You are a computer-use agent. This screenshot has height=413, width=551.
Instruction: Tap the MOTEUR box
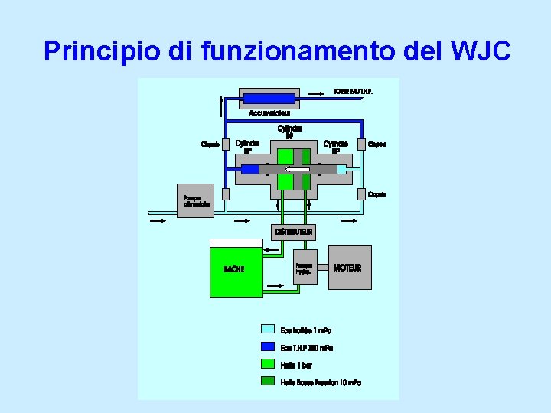[x=350, y=268]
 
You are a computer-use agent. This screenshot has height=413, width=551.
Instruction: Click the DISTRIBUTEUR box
[x=294, y=231]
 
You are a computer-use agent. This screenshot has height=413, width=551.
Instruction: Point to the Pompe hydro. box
[x=305, y=268]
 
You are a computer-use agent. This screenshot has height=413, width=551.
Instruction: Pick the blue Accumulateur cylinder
[x=269, y=98]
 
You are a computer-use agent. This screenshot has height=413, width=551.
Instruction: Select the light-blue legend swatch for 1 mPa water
[x=267, y=330]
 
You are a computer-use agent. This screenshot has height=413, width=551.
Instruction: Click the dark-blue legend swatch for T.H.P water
[x=267, y=347]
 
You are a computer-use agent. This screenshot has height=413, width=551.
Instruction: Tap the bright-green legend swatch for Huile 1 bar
[x=267, y=364]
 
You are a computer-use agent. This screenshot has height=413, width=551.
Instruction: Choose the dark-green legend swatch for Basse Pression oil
[x=267, y=382]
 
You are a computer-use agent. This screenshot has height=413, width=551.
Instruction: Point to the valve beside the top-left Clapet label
[x=226, y=144]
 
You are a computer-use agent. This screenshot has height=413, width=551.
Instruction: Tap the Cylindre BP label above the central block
[x=289, y=132]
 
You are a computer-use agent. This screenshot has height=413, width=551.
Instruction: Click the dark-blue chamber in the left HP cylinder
[x=250, y=169]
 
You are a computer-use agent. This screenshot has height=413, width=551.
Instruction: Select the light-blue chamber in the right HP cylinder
[x=341, y=169]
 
